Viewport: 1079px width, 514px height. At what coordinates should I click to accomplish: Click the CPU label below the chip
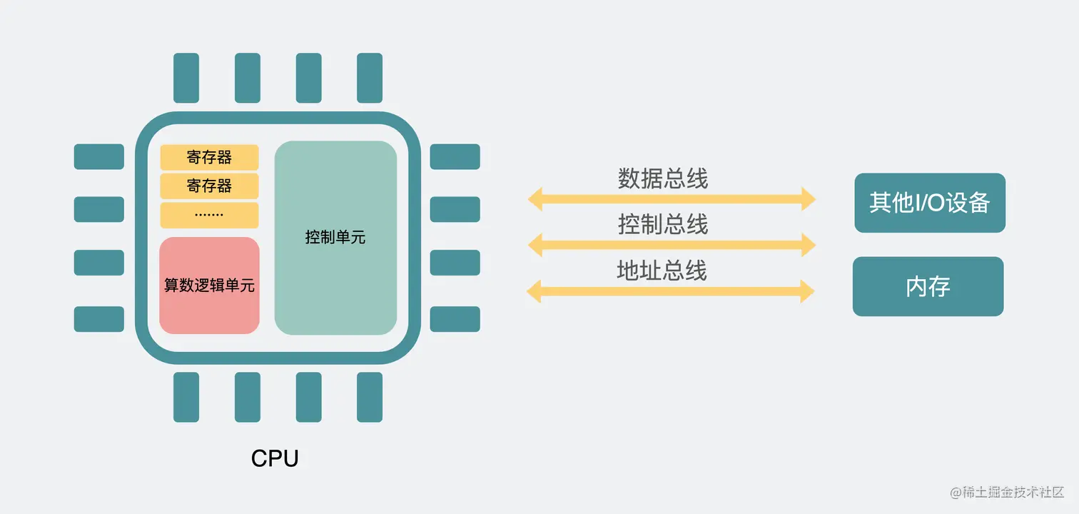coord(275,458)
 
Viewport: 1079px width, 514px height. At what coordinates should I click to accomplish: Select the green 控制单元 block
coord(335,238)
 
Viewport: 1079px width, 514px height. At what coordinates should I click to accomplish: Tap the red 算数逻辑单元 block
coord(209,286)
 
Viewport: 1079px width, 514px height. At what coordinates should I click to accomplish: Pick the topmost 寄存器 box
coord(209,157)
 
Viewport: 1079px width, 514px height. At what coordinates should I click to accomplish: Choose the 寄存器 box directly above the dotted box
coord(209,186)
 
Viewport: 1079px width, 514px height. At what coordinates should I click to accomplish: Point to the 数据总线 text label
coord(663,178)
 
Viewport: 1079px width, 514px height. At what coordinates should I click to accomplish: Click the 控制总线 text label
coord(663,225)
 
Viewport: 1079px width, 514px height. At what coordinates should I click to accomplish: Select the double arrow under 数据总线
coord(671,198)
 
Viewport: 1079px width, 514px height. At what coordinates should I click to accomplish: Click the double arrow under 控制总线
coord(671,245)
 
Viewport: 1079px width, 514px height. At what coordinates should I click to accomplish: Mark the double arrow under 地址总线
coord(671,291)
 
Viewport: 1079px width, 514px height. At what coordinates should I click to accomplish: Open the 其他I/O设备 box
coord(929,203)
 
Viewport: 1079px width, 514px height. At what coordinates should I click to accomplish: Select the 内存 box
coord(928,286)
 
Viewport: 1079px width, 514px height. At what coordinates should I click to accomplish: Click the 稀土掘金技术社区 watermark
coord(1007,493)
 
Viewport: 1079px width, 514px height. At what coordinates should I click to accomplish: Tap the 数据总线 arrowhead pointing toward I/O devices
coord(807,198)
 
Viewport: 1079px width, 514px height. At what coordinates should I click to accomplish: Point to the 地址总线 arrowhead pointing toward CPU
coord(535,291)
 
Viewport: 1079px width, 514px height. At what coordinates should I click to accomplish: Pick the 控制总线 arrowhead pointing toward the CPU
coord(535,245)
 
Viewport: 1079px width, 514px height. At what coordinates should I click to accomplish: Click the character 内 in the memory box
coord(917,287)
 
